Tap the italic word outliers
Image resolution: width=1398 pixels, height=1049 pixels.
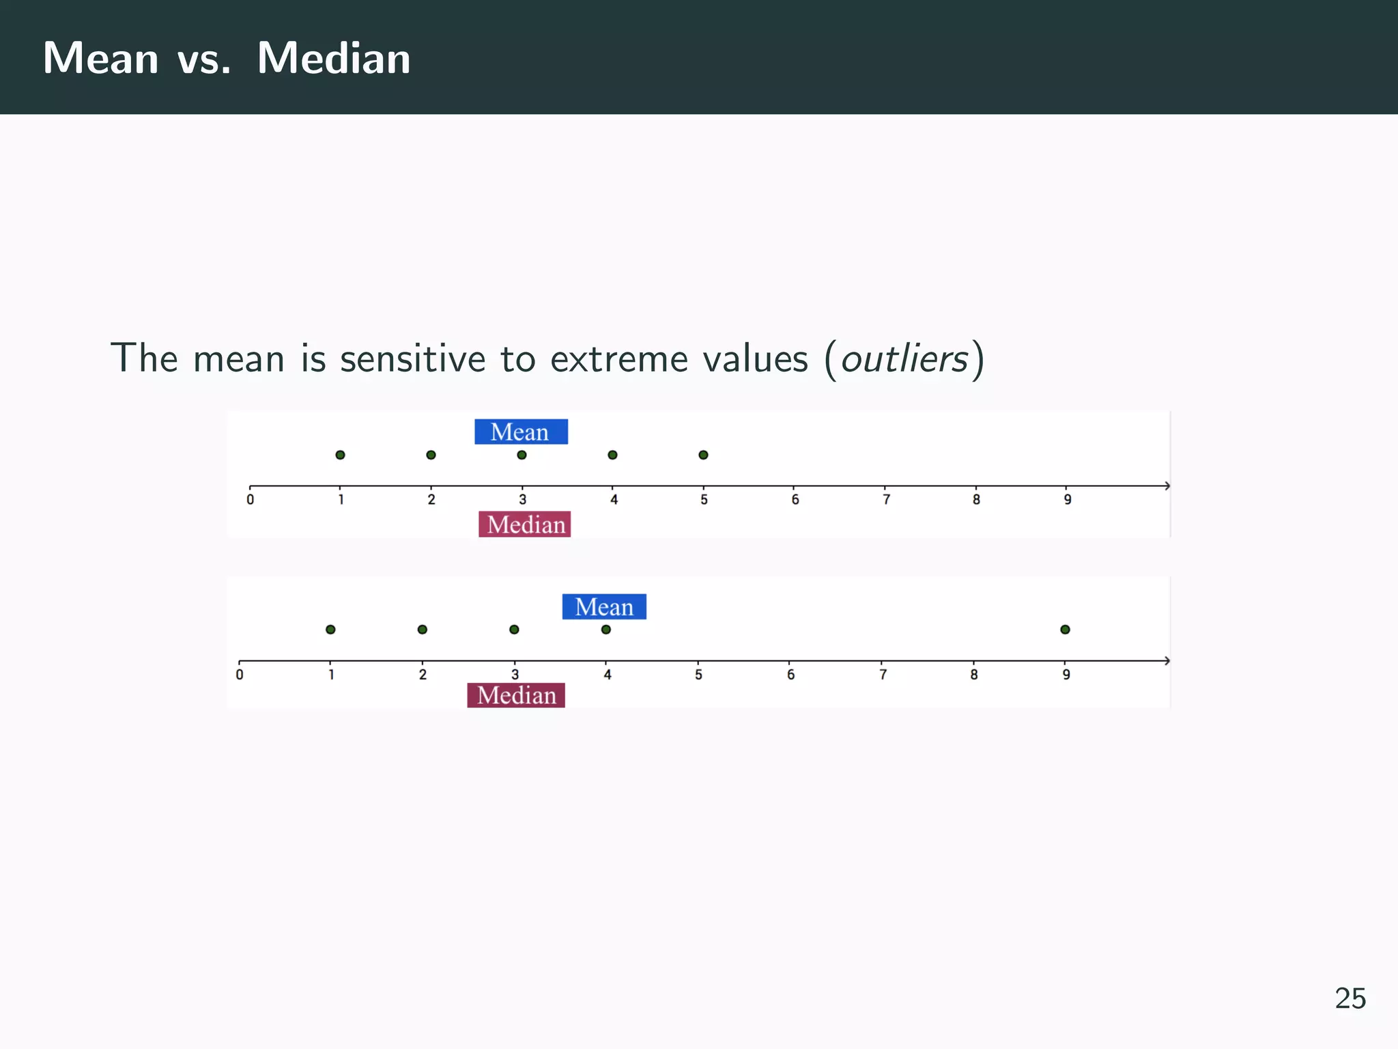[904, 359]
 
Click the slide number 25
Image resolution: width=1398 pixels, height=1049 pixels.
[1350, 998]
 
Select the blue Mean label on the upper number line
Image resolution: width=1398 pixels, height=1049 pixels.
[521, 432]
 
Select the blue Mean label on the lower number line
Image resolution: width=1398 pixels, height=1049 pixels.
[604, 606]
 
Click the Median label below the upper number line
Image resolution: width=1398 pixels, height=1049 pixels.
[525, 524]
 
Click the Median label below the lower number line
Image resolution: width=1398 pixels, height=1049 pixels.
[516, 695]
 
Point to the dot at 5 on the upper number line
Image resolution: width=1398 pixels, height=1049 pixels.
[703, 455]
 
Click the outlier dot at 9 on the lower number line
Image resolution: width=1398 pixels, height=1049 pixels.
[1065, 630]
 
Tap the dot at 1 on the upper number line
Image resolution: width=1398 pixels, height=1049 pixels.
[340, 455]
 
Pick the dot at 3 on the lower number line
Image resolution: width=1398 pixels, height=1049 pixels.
[514, 630]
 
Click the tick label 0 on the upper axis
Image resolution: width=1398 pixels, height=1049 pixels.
[251, 500]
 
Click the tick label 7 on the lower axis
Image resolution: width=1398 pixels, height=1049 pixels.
[883, 675]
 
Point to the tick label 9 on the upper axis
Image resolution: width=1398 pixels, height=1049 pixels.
[1068, 500]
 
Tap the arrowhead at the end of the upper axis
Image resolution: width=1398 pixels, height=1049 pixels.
[1167, 486]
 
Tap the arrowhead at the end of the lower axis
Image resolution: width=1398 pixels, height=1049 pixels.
[1167, 660]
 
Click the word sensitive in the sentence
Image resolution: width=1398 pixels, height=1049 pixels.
[412, 359]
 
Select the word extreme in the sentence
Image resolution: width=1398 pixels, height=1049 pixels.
[620, 359]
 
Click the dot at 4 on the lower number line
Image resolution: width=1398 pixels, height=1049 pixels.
[606, 630]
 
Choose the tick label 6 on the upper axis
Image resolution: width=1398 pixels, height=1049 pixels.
[795, 500]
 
